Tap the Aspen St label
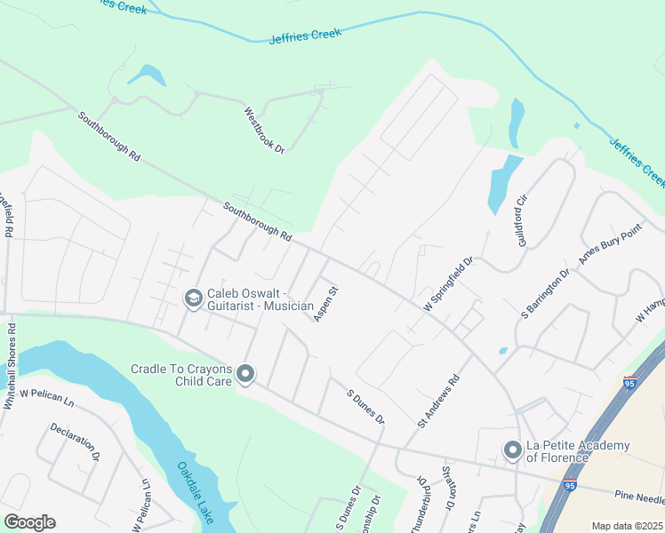click(326, 303)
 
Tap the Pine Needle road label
click(639, 497)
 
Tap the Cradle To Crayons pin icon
click(246, 375)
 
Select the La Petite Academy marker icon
click(512, 451)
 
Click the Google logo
click(30, 522)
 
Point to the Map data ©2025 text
click(627, 526)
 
